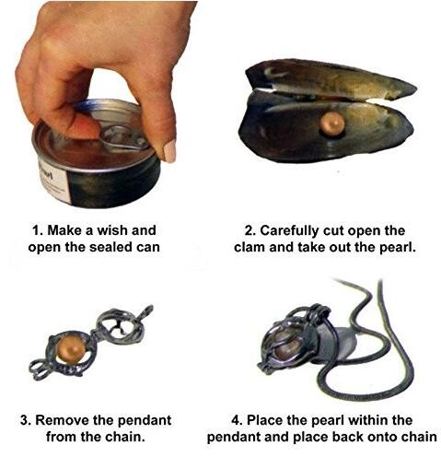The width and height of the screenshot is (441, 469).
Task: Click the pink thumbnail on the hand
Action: click(168, 150)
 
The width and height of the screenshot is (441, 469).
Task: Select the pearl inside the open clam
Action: click(331, 123)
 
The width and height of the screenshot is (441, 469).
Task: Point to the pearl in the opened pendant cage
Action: click(70, 348)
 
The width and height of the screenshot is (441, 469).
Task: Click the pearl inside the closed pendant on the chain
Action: click(287, 346)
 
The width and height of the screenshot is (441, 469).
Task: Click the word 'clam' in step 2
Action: click(249, 247)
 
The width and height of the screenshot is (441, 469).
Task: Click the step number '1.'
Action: click(38, 230)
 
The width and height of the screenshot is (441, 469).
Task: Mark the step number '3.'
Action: click(26, 420)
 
